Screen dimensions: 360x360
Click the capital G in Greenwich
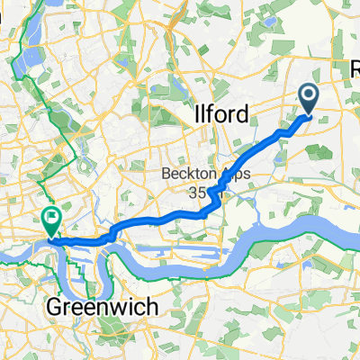(x=51, y=308)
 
